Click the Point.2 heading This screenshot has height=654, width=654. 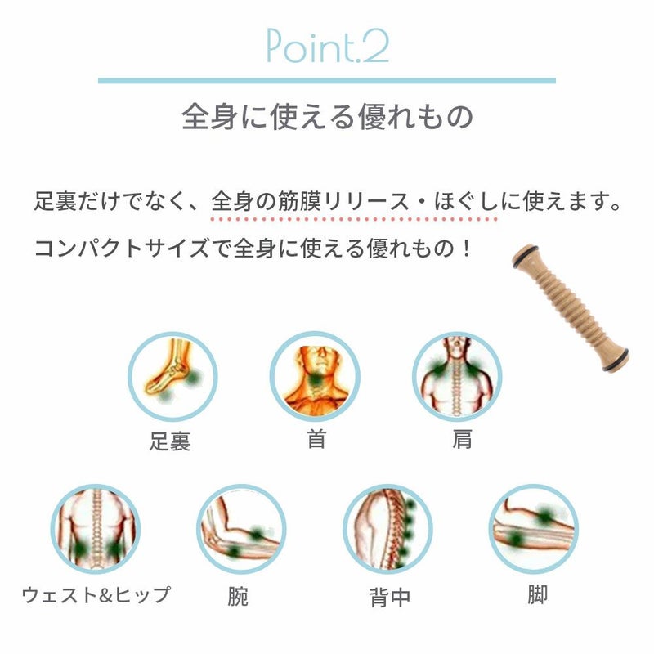click(328, 46)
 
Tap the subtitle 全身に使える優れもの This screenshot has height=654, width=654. click(328, 117)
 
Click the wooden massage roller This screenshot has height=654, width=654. click(570, 307)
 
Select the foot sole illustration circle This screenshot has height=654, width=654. click(172, 377)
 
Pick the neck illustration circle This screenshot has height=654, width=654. click(316, 377)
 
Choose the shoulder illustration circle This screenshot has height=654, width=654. click(457, 377)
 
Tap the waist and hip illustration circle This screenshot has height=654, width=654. click(96, 529)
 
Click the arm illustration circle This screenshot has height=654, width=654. click(241, 529)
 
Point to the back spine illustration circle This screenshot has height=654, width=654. click(387, 529)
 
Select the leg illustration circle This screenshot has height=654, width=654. click(534, 529)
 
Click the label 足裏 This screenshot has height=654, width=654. click(170, 441)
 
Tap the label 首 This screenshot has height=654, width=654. click(316, 440)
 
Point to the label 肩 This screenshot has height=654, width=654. click(462, 440)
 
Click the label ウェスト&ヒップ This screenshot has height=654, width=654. click(96, 594)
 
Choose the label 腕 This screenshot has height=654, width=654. click(238, 596)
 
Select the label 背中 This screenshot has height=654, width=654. click(390, 598)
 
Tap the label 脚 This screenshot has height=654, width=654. click(537, 594)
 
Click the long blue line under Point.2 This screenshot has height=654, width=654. click(327, 80)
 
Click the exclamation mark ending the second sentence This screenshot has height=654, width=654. click(466, 249)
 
